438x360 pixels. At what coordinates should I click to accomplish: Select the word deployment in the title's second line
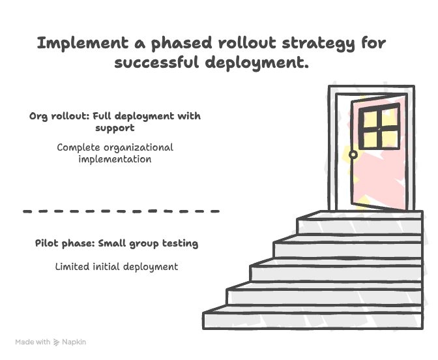(x=255, y=63)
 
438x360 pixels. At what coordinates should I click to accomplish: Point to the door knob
(x=353, y=155)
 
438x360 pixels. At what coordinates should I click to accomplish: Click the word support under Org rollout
(x=115, y=128)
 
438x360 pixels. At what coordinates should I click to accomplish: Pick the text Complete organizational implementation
(x=115, y=153)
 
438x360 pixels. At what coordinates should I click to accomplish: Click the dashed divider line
(x=121, y=211)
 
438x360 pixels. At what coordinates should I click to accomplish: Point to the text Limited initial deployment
(x=116, y=267)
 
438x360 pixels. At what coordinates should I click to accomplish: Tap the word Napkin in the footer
(x=74, y=342)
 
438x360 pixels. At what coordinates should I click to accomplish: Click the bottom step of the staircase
(x=313, y=319)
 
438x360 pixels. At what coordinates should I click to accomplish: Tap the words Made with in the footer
(x=33, y=342)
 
